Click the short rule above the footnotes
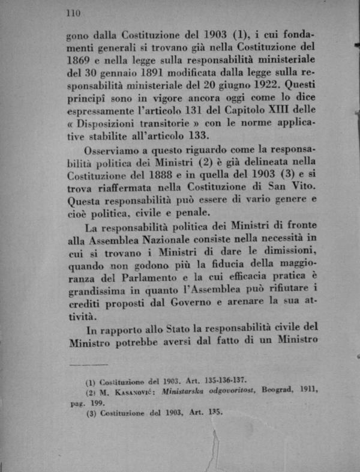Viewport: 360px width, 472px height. pyautogui.click(x=88, y=364)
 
